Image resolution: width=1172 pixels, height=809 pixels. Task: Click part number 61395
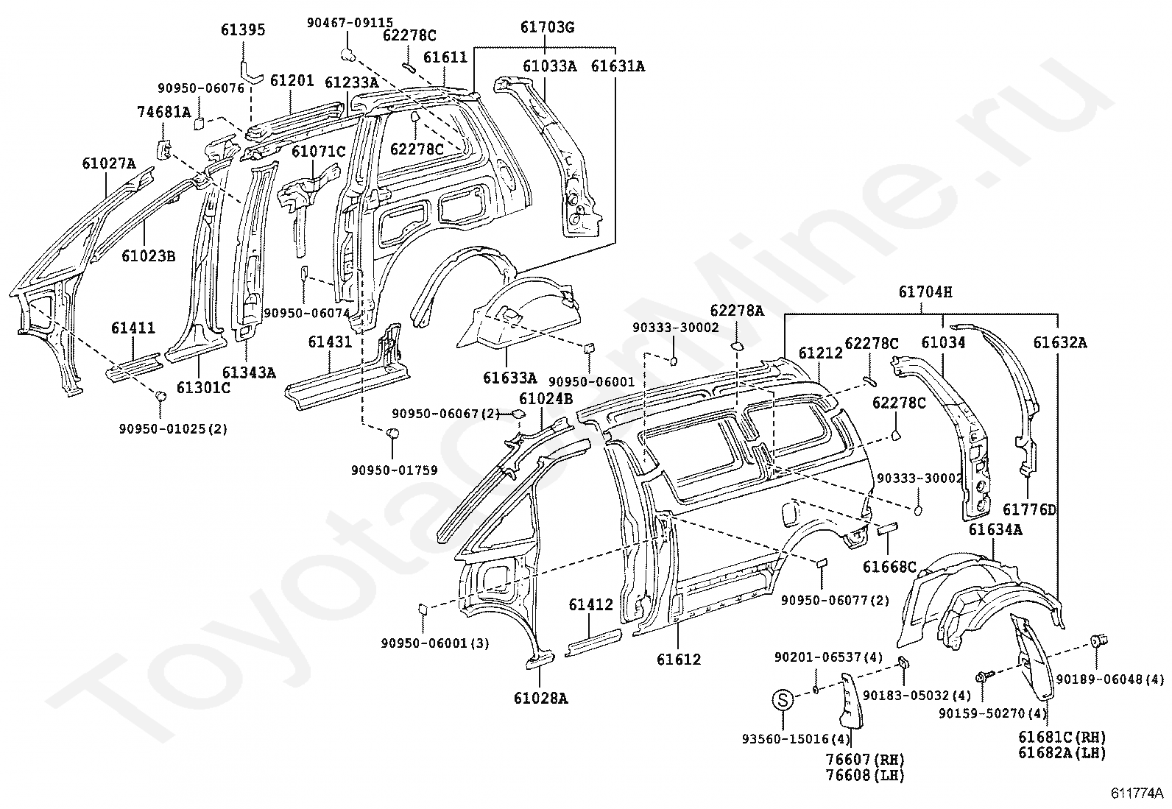[x=243, y=30]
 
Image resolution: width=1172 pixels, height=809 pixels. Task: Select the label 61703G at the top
[x=547, y=27]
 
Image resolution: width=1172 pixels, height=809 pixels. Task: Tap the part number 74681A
[x=163, y=112]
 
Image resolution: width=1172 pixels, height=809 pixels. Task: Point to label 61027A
[x=109, y=164]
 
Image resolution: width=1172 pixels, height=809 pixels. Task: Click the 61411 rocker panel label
[x=133, y=328]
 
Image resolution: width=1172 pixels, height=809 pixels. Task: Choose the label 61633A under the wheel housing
[x=509, y=378]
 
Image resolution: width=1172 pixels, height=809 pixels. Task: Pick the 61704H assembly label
[x=925, y=292]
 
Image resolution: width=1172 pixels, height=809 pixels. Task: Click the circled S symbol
[x=783, y=699]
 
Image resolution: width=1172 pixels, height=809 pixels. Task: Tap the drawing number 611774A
[x=1137, y=794]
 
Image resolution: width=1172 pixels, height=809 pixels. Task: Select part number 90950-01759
[x=394, y=470]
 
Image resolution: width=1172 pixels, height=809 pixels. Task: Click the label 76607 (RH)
[x=865, y=759]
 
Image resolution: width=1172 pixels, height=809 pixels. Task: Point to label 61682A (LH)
[x=1062, y=753]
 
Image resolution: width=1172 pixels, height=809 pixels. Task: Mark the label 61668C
[x=889, y=567]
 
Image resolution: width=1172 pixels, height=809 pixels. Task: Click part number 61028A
[x=540, y=698]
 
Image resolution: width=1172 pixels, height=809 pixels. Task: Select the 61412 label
[x=590, y=604]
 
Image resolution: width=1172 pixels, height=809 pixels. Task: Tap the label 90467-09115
[x=350, y=23]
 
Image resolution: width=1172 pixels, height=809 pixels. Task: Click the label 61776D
[x=1029, y=509]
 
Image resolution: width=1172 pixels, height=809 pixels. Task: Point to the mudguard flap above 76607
[x=850, y=701]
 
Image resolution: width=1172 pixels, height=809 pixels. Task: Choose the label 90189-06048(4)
[x=1109, y=679]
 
